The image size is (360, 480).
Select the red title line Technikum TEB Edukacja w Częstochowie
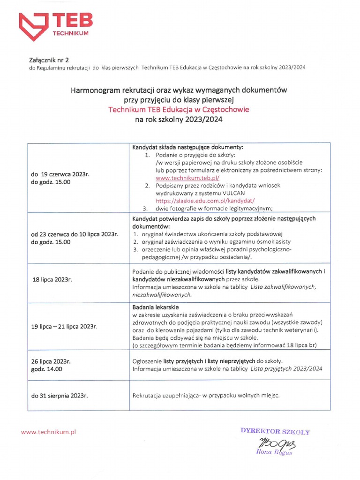point(179,110)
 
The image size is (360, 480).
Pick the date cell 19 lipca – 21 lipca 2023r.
point(64,326)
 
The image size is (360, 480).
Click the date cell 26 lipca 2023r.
point(51,361)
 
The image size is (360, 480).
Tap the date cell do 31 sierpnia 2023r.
point(60,396)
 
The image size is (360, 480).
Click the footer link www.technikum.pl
point(48,432)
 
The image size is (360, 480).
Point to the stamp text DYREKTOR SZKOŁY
point(275,431)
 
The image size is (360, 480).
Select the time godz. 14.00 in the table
point(46,369)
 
